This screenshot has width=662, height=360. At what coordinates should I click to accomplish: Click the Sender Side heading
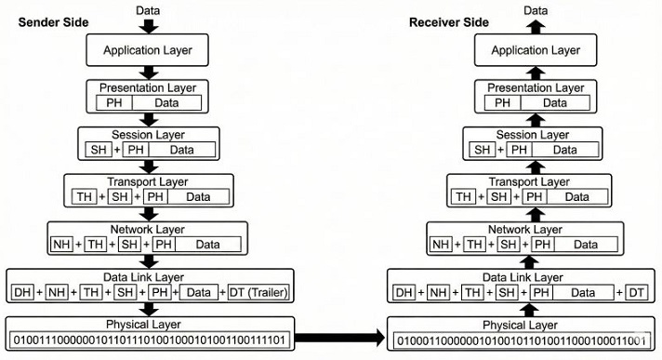point(57,21)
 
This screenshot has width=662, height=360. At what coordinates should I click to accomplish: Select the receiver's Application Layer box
point(535,49)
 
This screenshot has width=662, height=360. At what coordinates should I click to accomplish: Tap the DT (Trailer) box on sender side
point(261,293)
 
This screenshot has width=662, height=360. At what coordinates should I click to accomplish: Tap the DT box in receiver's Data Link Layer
point(636,293)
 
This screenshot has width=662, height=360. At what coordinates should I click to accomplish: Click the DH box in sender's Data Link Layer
point(22,293)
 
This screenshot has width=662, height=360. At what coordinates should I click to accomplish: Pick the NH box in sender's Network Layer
point(61,245)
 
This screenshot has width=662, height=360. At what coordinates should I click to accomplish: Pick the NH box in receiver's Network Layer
point(443,245)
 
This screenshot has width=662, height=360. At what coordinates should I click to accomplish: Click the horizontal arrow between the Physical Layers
point(338,338)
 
